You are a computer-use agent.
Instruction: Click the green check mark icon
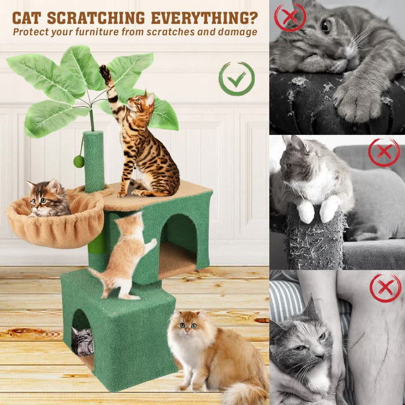[237, 79]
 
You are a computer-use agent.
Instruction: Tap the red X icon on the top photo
[290, 17]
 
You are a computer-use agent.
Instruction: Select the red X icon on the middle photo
[384, 153]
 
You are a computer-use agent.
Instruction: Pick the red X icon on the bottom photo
[385, 287]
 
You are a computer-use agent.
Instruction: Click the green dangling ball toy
[79, 161]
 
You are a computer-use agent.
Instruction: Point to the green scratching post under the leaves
[93, 162]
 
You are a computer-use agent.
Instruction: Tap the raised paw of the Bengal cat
[105, 72]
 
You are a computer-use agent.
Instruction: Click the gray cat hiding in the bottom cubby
[82, 341]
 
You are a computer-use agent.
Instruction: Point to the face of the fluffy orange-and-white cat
[188, 327]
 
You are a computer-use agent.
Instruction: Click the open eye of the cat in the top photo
[326, 25]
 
